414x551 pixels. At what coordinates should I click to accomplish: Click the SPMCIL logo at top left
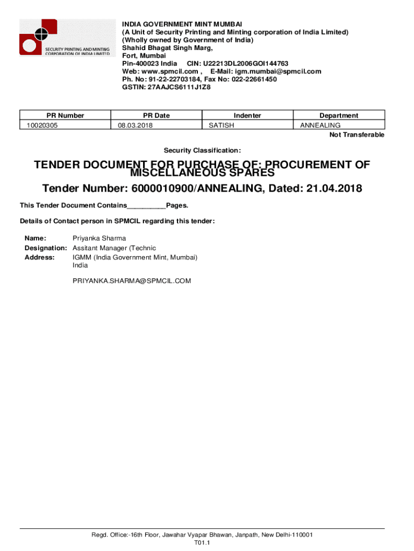tap(65, 38)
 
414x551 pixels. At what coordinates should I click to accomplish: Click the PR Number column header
tap(65, 115)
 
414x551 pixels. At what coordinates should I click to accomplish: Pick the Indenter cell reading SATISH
tap(222, 125)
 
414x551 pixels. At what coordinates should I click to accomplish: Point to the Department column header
tap(339, 115)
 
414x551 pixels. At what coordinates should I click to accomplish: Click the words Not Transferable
tap(357, 135)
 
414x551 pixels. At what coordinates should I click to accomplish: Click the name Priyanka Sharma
tap(99, 238)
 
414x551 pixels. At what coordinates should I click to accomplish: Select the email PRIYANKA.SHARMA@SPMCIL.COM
tap(132, 281)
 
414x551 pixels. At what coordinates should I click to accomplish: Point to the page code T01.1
tap(202, 543)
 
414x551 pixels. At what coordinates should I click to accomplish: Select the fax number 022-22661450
tap(254, 79)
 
